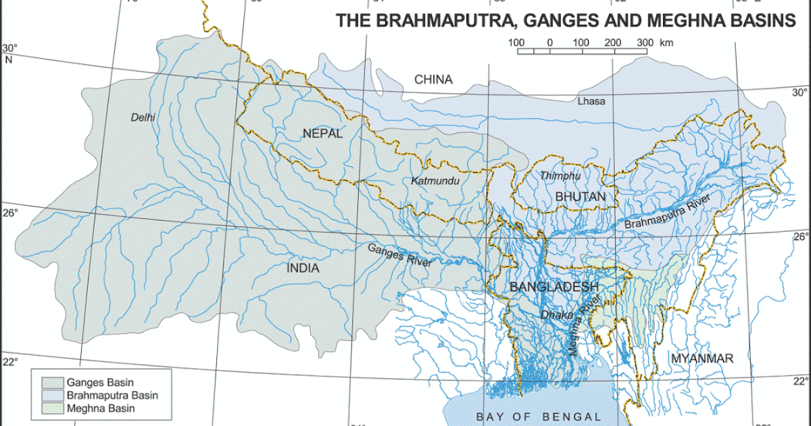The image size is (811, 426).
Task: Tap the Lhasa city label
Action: [591, 101]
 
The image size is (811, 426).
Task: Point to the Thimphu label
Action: [560, 176]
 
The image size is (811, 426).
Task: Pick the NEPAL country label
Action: [322, 133]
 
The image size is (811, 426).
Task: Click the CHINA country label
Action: [433, 80]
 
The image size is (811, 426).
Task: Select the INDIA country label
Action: [303, 268]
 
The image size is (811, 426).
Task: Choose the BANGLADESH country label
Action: [554, 287]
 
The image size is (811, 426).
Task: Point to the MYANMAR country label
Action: [702, 358]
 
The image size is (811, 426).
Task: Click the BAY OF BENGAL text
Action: [538, 417]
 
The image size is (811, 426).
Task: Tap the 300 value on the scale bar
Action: [644, 43]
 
